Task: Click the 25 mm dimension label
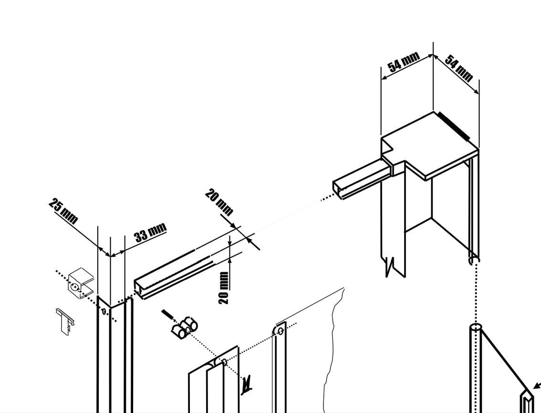63,211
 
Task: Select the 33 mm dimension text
150,232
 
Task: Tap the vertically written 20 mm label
224,287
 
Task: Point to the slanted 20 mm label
219,201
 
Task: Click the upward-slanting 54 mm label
403,62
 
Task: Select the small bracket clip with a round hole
81,283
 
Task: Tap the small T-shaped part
65,320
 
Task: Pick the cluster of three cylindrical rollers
184,328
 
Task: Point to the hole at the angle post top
104,311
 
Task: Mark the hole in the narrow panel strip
281,331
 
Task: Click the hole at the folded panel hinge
225,362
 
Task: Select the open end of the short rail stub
338,190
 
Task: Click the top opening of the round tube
476,326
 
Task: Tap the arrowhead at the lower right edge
537,385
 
